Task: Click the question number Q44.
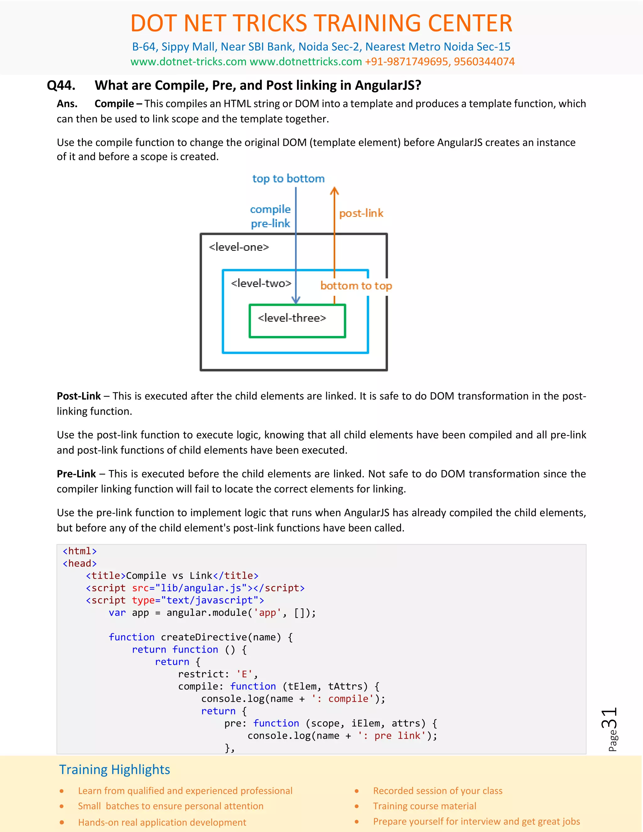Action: coord(61,85)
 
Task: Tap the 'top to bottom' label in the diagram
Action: coord(288,179)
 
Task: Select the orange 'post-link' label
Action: coord(361,213)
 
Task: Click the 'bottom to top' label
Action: coord(356,286)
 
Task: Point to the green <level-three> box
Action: coord(297,321)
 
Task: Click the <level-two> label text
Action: coord(261,284)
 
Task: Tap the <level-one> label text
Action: coord(239,247)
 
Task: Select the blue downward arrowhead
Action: coord(296,300)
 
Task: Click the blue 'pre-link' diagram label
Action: coord(270,224)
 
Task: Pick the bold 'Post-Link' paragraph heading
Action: coord(79,396)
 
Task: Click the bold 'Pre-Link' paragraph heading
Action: coord(76,474)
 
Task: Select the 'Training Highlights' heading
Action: coord(115,770)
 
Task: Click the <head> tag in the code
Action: coord(80,564)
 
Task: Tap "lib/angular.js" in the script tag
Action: coord(201,588)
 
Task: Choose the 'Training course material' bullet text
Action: coord(424,806)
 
